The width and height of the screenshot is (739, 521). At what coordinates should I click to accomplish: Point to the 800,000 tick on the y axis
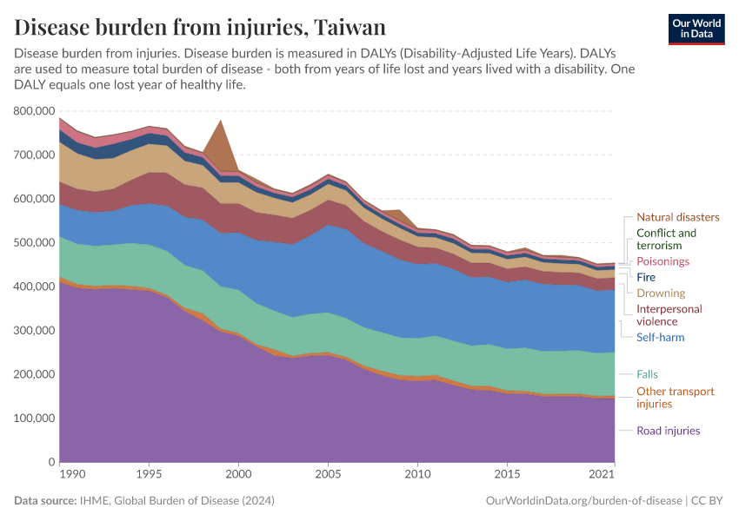point(35,111)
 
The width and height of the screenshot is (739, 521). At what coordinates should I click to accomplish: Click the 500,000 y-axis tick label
point(35,242)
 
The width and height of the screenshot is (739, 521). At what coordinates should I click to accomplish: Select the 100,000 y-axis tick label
point(35,418)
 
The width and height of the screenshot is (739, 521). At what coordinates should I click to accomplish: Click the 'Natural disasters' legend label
point(677,217)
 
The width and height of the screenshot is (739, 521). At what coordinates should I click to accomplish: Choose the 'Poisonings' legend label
point(662,261)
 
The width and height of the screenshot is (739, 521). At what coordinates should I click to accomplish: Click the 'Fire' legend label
point(646,277)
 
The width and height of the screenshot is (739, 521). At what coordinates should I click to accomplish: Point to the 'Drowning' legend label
point(661,293)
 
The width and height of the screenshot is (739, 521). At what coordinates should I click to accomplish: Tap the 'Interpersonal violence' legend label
point(669,315)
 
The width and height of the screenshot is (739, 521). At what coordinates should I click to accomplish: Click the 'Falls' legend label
point(647,374)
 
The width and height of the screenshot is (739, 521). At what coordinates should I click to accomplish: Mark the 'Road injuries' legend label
point(668,431)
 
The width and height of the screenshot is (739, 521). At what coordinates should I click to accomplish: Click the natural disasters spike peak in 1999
point(220,121)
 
